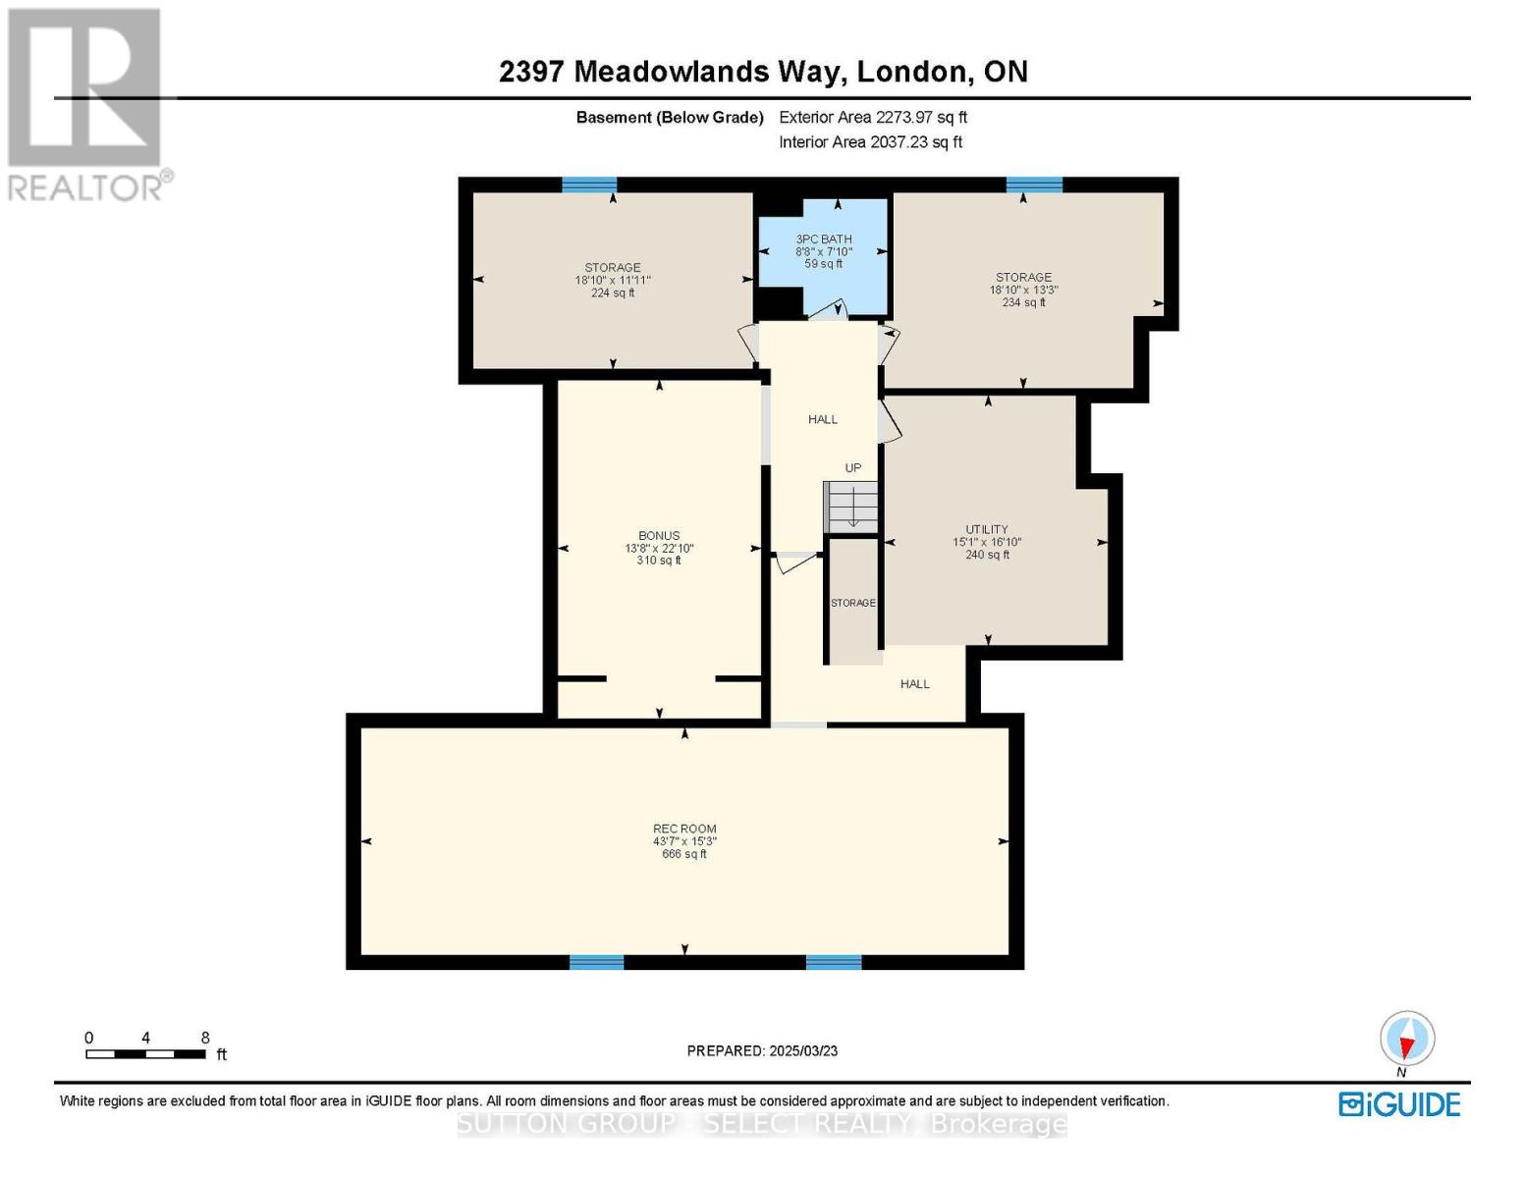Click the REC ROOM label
point(684,829)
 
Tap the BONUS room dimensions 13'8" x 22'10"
point(659,549)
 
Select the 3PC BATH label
point(823,240)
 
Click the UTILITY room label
point(987,529)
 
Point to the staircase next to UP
point(850,507)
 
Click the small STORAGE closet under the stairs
point(852,603)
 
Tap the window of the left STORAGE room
point(589,185)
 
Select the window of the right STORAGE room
point(1034,185)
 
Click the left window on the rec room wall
point(596,962)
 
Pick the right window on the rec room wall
point(834,962)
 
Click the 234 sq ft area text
point(1023,303)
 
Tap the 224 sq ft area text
point(613,294)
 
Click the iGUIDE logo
point(1399,1104)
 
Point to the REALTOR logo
point(86,103)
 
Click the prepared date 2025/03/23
point(762,1051)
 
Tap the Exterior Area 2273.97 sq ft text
point(873,117)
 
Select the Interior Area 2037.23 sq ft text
point(870,142)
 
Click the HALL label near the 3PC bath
point(823,420)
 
